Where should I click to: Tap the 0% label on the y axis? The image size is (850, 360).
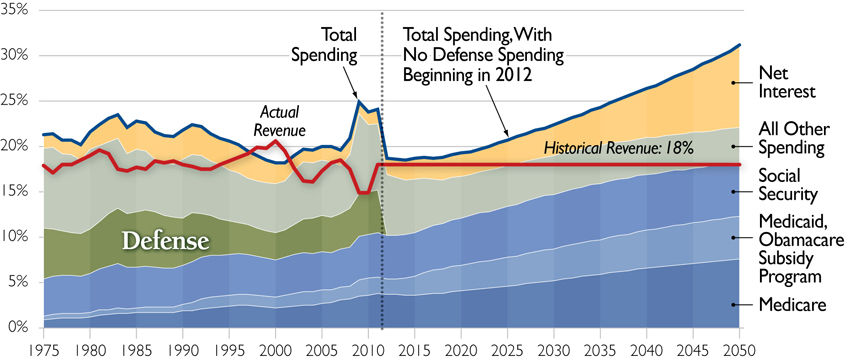pos(20,327)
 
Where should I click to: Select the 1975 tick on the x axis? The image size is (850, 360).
pos(43,347)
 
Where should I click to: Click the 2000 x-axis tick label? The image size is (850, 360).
pos(275,347)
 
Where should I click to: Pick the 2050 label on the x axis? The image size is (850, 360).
pos(738,347)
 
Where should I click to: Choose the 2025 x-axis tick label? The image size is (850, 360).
pos(507,347)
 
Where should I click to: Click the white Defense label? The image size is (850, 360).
pos(165,241)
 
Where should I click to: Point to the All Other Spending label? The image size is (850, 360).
pos(790,138)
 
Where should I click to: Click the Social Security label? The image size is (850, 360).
pos(786,184)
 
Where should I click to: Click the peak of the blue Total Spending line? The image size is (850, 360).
pos(359,101)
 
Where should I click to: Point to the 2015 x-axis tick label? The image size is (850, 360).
pos(414,347)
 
